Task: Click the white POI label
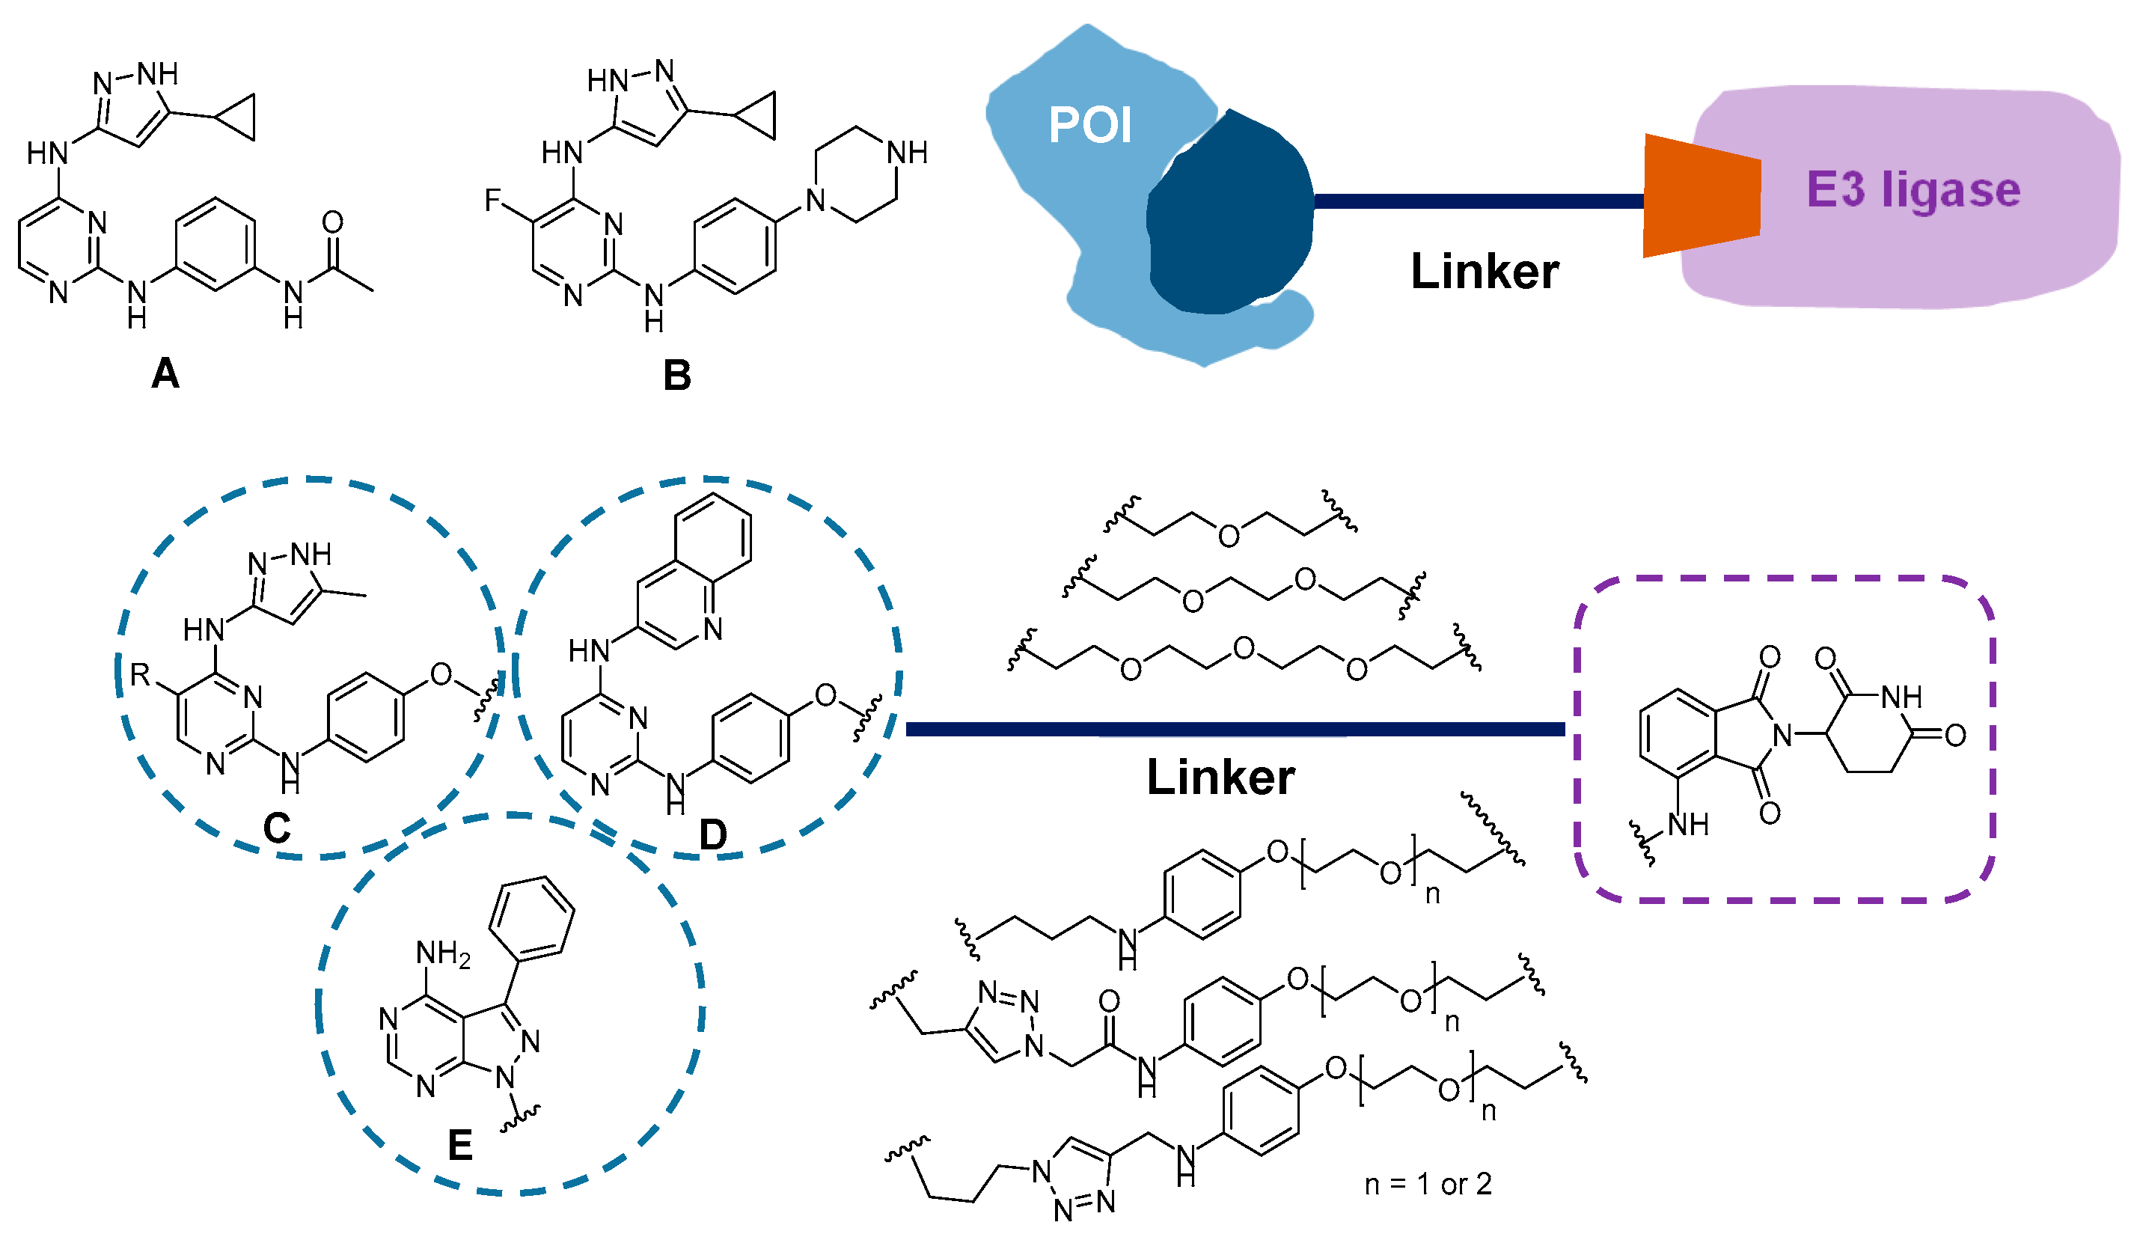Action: (x=1089, y=126)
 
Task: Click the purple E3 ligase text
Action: (x=1913, y=189)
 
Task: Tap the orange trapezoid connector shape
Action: (x=1700, y=195)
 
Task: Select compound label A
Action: (x=165, y=373)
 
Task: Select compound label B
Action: (x=676, y=376)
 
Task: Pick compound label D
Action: (x=713, y=835)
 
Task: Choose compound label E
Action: (x=459, y=1146)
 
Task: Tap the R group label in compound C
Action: (x=140, y=675)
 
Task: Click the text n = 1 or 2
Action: (x=1428, y=1184)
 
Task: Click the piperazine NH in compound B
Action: (x=907, y=153)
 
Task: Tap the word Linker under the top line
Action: (x=1484, y=272)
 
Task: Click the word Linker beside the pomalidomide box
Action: (x=1220, y=777)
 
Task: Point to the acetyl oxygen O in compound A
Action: (x=332, y=222)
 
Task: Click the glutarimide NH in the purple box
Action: (x=1901, y=697)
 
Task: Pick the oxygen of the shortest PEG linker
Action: (x=1229, y=535)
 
